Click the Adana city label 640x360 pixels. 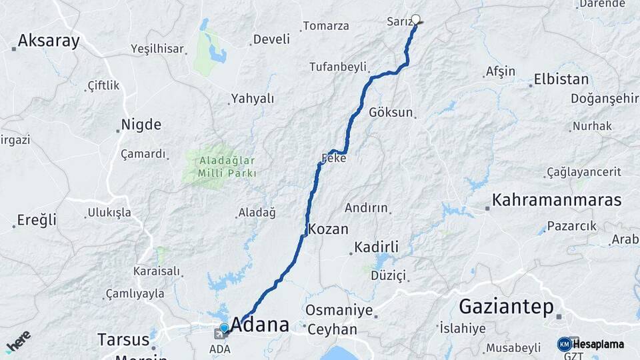point(260,325)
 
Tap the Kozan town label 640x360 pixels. point(328,229)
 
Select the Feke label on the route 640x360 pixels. point(333,159)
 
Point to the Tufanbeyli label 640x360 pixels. point(338,67)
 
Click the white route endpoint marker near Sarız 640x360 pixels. point(416,19)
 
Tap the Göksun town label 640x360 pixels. point(391,112)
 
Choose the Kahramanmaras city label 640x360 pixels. point(557,200)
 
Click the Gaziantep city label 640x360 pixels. point(507,307)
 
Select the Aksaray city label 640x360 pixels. point(49,41)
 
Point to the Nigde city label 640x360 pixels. point(141,125)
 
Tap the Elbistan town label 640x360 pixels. point(561,80)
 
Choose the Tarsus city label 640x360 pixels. point(123,339)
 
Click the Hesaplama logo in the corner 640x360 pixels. point(591,344)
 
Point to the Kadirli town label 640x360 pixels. point(377,247)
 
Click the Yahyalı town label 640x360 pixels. point(252,99)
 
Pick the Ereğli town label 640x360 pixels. point(37,220)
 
